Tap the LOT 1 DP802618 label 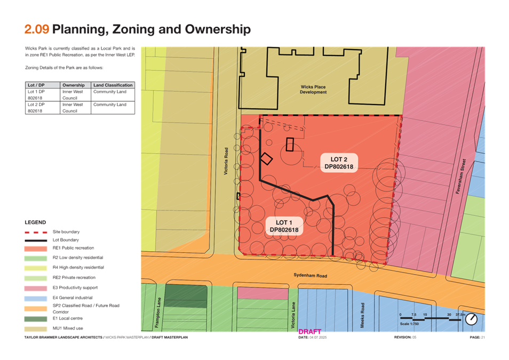(x=284, y=226)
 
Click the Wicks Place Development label (x=313, y=89)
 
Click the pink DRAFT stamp (x=310, y=332)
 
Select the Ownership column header (x=74, y=85)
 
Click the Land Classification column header (x=113, y=85)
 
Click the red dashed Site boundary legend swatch (x=36, y=232)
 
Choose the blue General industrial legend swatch (x=36, y=297)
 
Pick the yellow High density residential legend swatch (x=36, y=267)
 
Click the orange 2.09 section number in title (x=37, y=29)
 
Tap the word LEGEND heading (x=35, y=222)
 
